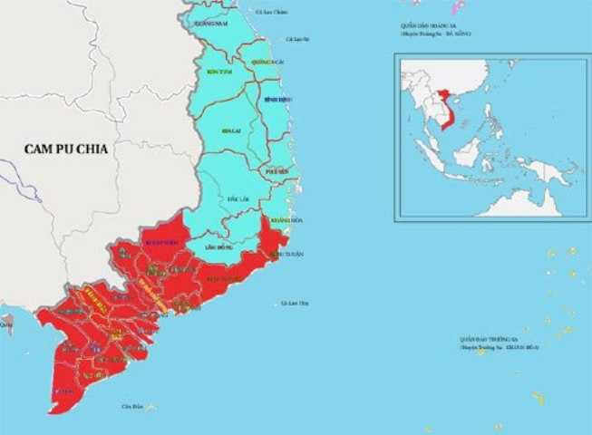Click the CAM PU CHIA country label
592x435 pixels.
[67, 149]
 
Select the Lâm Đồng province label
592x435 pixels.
[220, 246]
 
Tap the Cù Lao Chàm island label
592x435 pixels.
[272, 12]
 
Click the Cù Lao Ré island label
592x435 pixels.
[297, 39]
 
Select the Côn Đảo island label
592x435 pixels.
[132, 406]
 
